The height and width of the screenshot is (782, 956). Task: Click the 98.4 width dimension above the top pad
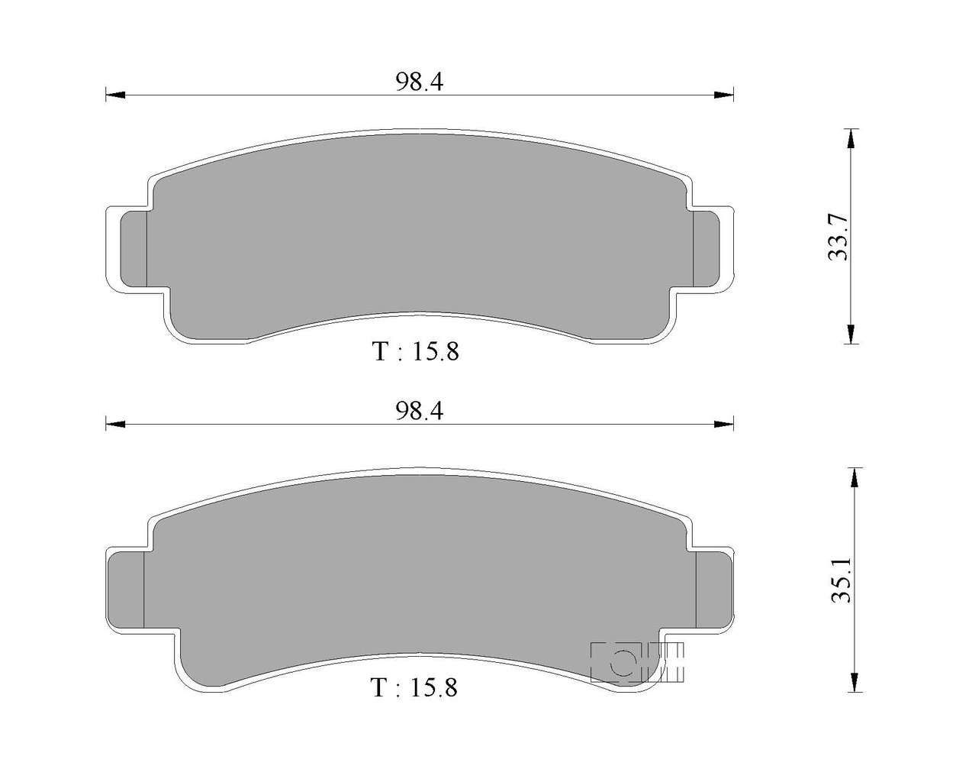click(x=420, y=82)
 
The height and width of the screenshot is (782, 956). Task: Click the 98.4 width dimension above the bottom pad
click(x=420, y=411)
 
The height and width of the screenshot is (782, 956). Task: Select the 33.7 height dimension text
click(x=838, y=237)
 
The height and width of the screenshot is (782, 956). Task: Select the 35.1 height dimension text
click(x=841, y=579)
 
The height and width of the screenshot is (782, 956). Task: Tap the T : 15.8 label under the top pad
click(x=416, y=351)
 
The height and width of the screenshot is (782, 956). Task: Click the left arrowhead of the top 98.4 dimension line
click(x=115, y=95)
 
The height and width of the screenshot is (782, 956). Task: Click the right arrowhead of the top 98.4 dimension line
click(x=724, y=95)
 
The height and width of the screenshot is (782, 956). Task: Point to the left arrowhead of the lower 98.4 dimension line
click(x=115, y=425)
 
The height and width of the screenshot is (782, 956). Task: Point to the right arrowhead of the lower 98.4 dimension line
click(x=724, y=425)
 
